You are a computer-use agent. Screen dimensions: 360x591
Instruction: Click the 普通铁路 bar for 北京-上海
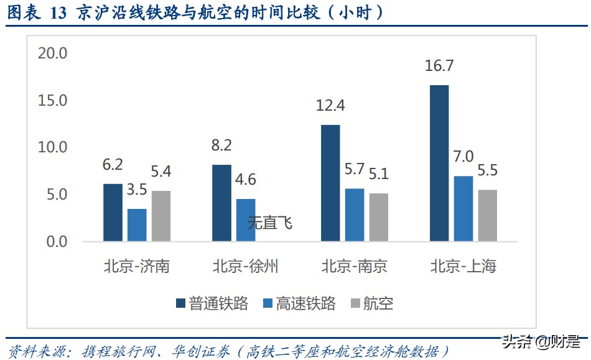(x=439, y=163)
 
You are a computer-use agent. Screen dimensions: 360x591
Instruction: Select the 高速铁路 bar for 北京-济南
(x=137, y=225)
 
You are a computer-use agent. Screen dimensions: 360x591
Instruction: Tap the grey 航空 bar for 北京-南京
(x=378, y=217)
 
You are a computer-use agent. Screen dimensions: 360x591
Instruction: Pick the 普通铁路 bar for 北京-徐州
(x=221, y=203)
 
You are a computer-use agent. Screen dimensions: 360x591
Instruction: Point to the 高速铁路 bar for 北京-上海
(x=463, y=208)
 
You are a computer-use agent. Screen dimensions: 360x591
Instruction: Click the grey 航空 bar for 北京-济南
(x=161, y=216)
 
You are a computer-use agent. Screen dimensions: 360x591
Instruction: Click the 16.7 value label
(x=439, y=66)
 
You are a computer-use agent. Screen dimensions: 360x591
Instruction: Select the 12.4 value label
(x=330, y=106)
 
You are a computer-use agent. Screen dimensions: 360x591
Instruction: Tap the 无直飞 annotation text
(x=270, y=223)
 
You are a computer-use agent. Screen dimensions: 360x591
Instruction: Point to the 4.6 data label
(x=246, y=180)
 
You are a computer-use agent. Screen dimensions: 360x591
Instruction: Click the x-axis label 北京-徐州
(x=245, y=267)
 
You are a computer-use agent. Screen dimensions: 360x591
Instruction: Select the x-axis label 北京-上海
(x=463, y=267)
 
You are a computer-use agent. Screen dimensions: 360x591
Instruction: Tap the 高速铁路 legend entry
(x=299, y=303)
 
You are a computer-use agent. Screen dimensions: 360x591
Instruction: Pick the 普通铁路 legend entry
(x=212, y=303)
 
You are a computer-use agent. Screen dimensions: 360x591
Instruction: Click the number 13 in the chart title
(x=55, y=12)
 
